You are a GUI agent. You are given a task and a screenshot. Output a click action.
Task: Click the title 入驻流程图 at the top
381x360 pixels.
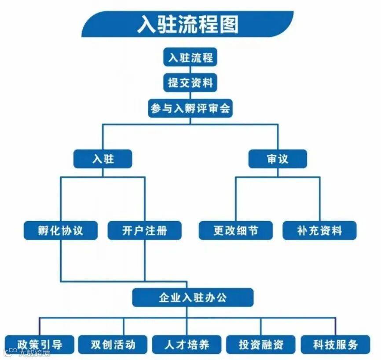(x=187, y=25)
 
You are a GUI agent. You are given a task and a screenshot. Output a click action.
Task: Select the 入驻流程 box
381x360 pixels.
(x=190, y=58)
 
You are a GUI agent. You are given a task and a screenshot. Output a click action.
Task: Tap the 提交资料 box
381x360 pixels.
(x=190, y=82)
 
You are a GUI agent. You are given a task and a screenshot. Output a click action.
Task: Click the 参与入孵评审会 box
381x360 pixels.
(x=190, y=108)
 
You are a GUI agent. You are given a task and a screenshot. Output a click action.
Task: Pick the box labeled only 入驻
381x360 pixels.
(x=103, y=159)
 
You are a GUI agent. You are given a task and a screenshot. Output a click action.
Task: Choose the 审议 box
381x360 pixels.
(x=277, y=159)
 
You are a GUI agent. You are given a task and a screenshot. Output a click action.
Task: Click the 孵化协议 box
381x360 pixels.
(x=61, y=230)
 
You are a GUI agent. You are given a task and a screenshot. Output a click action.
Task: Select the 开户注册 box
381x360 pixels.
(x=145, y=230)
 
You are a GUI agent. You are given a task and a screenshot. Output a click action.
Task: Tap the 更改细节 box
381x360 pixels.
(x=235, y=230)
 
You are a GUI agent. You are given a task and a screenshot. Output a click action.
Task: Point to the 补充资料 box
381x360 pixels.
(x=319, y=230)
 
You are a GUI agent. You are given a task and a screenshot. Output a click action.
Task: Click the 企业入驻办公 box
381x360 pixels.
(x=193, y=298)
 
